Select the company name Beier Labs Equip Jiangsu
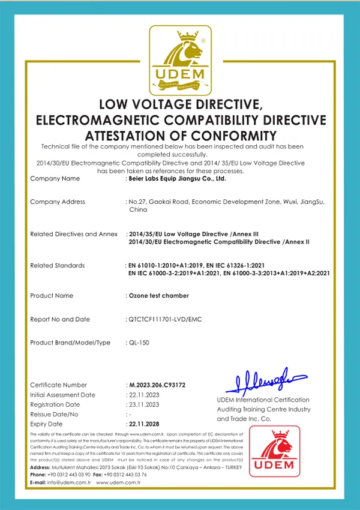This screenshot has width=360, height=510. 177,179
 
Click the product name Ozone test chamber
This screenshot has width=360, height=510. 159,295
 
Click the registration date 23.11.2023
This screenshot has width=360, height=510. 143,404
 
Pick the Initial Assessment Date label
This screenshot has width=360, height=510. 62,395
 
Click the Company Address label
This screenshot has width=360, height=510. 58,202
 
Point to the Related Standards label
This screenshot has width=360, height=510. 58,265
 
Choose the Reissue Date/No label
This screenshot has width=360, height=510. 54,414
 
